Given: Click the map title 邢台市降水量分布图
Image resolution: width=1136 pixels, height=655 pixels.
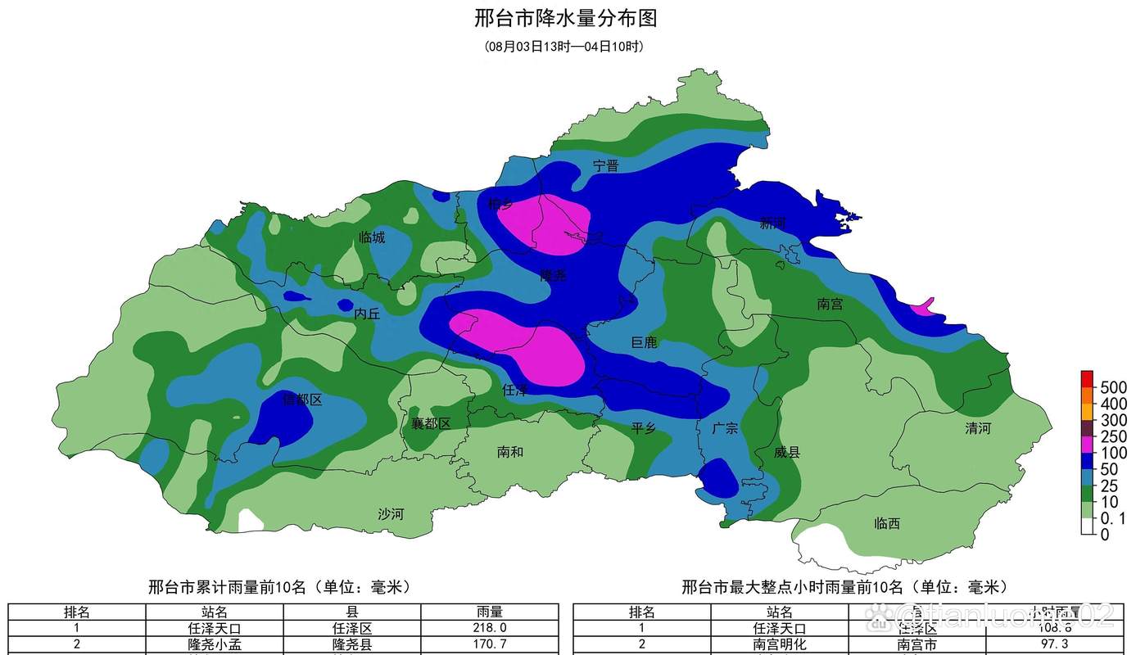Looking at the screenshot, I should pyautogui.click(x=566, y=18).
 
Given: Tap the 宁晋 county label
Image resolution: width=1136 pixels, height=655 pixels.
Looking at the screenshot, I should pyautogui.click(x=606, y=165).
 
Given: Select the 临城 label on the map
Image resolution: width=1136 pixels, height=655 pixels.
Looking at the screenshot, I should pyautogui.click(x=372, y=237).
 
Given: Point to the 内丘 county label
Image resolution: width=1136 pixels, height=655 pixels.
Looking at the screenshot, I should pyautogui.click(x=367, y=314).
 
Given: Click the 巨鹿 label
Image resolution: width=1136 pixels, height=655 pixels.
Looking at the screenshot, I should pyautogui.click(x=644, y=342).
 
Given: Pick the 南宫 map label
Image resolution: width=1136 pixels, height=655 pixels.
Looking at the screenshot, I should pyautogui.click(x=830, y=304).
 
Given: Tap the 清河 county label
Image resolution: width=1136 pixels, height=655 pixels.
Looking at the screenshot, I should pyautogui.click(x=978, y=428).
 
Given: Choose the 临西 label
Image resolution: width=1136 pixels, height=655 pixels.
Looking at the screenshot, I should pyautogui.click(x=887, y=522).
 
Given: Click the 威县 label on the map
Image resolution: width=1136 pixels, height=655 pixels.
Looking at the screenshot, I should pyautogui.click(x=787, y=452).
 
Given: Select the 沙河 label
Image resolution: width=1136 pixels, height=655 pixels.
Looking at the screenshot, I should pyautogui.click(x=391, y=514).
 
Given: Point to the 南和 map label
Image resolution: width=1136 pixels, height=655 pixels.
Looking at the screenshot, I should pyautogui.click(x=510, y=452).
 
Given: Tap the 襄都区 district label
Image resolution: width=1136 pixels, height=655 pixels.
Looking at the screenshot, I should pyautogui.click(x=431, y=423).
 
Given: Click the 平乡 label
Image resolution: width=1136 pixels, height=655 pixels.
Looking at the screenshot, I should pyautogui.click(x=644, y=428).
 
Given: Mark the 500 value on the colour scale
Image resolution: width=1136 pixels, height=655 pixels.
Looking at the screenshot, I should pyautogui.click(x=1113, y=386).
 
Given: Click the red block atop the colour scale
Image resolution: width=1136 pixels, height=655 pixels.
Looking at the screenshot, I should pyautogui.click(x=1087, y=378).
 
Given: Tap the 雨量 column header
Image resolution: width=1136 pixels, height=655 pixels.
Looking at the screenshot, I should pyautogui.click(x=490, y=612).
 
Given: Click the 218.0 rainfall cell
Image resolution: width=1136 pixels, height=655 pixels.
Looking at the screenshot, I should pyautogui.click(x=490, y=628).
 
